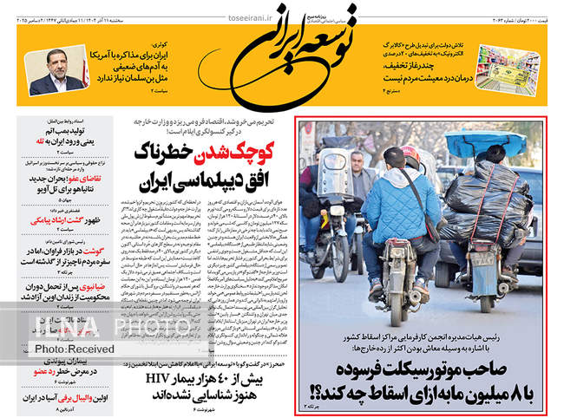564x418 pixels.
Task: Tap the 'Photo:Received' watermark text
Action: (x=74, y=348)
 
